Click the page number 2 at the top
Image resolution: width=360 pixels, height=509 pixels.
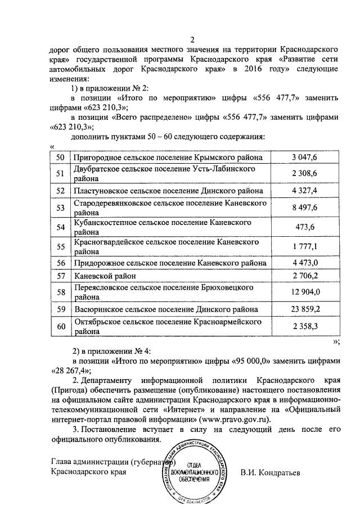[192, 39]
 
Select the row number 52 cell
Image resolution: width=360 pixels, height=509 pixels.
[61, 191]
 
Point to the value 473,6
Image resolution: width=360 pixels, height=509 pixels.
[305, 227]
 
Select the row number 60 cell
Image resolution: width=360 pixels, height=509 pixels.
[61, 327]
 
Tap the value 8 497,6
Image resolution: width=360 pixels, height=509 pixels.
[305, 208]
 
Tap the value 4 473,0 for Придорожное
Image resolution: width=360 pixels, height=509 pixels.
[305, 263]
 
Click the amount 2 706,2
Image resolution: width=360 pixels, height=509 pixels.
[305, 276]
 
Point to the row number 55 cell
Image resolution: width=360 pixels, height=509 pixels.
[61, 246]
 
